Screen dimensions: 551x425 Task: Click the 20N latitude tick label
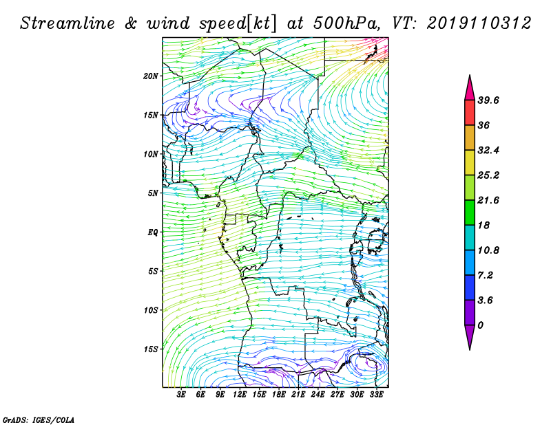coord(151,76)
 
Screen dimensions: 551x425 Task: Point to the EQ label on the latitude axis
coord(153,232)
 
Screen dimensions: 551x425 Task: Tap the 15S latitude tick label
coord(151,349)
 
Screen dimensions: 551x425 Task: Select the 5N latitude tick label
coord(153,193)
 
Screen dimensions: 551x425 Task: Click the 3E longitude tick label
coord(181,395)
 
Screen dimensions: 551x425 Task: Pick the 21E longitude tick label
coord(298,395)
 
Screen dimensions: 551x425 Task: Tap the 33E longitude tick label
coord(376,395)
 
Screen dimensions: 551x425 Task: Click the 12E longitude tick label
coord(240,395)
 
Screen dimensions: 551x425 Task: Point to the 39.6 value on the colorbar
coord(488,100)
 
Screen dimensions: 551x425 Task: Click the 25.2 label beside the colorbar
coord(488,175)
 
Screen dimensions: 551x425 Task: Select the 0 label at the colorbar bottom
coord(480,325)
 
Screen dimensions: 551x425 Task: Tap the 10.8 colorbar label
coord(488,250)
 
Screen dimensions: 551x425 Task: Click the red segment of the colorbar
coord(470,113)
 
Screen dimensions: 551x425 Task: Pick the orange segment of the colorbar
coord(470,138)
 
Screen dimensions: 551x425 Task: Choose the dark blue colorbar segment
coord(470,287)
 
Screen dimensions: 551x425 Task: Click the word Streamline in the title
coord(67,23)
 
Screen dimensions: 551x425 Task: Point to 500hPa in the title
coord(346,23)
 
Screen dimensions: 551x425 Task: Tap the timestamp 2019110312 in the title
coord(479,23)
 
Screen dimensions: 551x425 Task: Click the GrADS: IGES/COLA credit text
coord(39,420)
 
